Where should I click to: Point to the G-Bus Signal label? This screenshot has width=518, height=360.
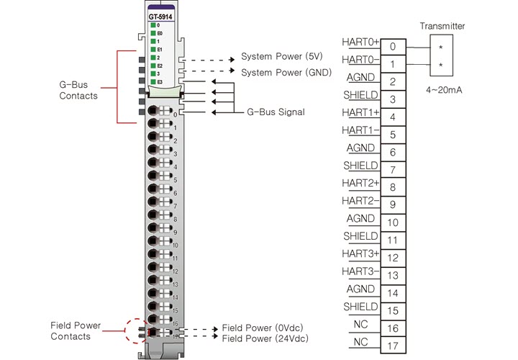[276, 112]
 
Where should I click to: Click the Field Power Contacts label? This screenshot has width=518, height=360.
[71, 331]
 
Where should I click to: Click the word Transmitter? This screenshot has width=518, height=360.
[442, 27]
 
